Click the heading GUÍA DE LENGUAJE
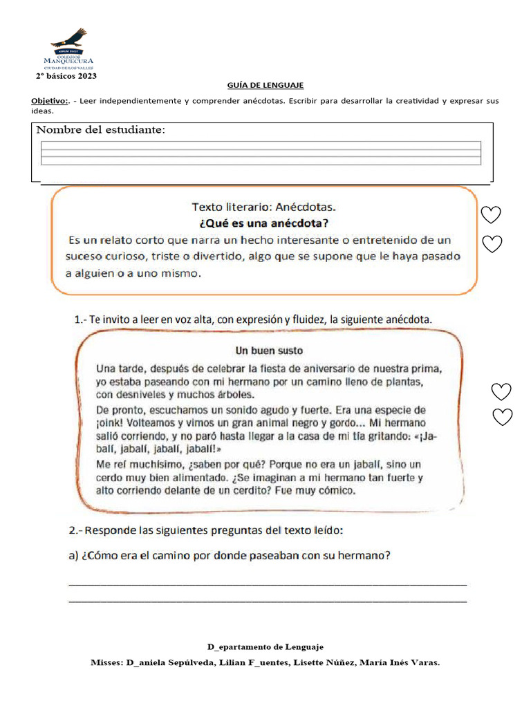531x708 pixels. point(265,85)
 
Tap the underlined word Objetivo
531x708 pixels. point(49,101)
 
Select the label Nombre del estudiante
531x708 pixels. point(100,130)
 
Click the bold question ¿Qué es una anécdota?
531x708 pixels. point(264,223)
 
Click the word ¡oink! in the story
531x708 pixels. point(112,422)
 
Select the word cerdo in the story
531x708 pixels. point(111,477)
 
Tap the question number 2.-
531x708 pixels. point(77,531)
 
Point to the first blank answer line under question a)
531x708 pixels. point(268,585)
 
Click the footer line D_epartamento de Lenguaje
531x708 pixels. point(265,647)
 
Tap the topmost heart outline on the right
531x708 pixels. point(491,215)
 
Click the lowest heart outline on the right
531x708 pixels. point(502,417)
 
